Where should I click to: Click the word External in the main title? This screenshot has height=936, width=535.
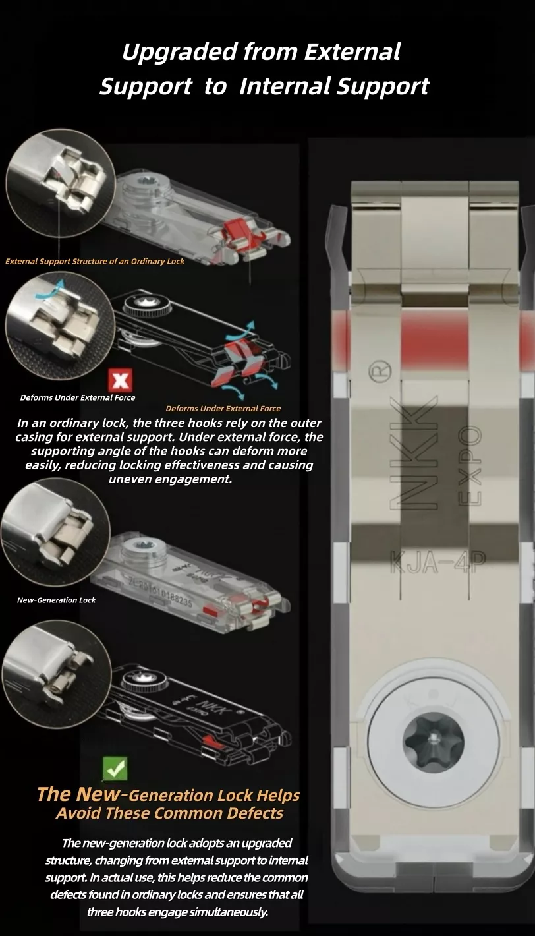point(352,52)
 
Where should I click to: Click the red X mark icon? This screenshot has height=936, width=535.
point(121,380)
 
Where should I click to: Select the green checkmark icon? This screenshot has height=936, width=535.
point(115,768)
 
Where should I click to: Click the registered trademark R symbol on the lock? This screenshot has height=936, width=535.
point(380,370)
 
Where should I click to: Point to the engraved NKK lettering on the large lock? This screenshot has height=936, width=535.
point(414,453)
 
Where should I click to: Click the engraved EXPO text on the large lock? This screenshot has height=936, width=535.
point(470,466)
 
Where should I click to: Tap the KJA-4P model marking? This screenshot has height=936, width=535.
point(438,563)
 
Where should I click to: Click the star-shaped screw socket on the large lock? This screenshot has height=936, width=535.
point(433,742)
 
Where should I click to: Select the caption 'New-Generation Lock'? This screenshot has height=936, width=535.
point(57,600)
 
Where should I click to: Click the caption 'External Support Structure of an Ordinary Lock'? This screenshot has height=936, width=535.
point(95,262)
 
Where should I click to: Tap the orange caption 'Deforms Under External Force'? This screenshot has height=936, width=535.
point(223,409)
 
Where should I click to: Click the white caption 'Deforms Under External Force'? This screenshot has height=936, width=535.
point(78,398)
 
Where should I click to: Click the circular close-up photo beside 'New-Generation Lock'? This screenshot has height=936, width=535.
point(55,532)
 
